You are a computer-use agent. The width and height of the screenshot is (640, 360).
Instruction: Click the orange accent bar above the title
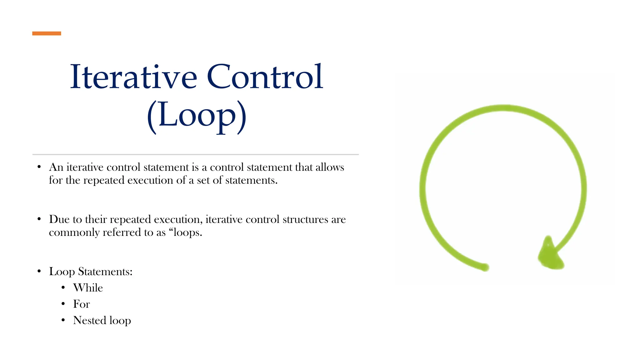coord(47,33)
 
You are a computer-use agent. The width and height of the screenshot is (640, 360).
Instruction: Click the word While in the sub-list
coord(88,288)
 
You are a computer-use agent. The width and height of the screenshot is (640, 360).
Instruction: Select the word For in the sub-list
coord(81,304)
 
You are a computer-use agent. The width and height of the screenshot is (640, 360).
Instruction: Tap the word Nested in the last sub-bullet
coord(89,320)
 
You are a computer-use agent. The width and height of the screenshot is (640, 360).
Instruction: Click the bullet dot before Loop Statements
coord(39,271)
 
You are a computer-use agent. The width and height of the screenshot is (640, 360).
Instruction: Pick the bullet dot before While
coord(63,287)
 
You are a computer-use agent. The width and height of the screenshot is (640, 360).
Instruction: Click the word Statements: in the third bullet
coord(105,272)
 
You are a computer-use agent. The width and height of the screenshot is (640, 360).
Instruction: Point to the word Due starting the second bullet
coord(59,219)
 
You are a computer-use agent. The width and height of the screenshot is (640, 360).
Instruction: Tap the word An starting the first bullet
coord(56,167)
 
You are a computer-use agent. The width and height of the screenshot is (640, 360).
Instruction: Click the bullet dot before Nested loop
coord(63,320)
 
